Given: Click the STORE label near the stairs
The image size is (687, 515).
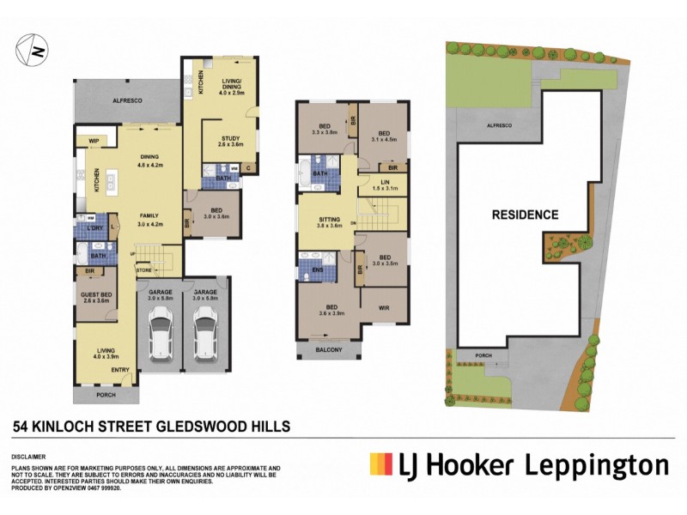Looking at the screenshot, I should pyautogui.click(x=144, y=270).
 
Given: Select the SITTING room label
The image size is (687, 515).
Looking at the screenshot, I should pyautogui.click(x=325, y=219).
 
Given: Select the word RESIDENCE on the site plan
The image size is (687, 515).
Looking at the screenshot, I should pyautogui.click(x=525, y=215).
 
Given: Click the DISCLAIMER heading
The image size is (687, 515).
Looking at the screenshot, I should pyautogui.click(x=27, y=457).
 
